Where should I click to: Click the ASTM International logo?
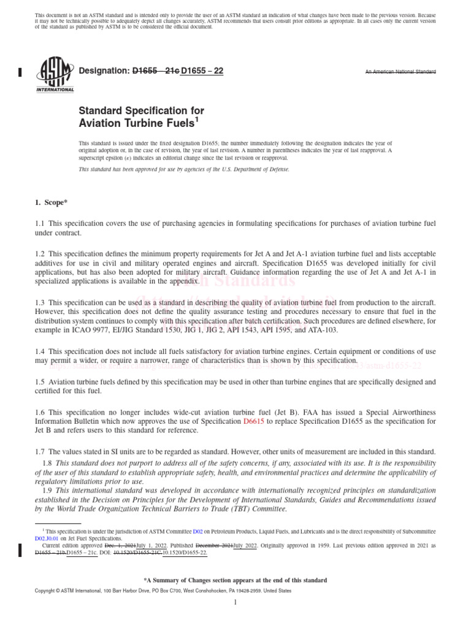(x=55, y=73)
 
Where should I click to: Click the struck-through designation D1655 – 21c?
(x=156, y=71)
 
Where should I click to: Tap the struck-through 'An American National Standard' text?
(x=400, y=72)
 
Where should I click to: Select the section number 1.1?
(x=40, y=224)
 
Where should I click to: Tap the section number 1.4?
(x=40, y=351)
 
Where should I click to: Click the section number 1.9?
(x=47, y=491)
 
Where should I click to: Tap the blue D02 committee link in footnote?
(x=197, y=530)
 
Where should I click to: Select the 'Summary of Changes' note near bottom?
(x=235, y=580)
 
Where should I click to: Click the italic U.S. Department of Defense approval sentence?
(x=184, y=169)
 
